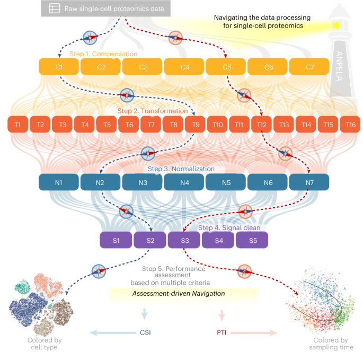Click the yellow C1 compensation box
click(59, 67)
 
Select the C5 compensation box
click(226, 67)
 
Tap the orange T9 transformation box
click(196, 125)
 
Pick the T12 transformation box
click(262, 125)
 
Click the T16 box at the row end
click(350, 125)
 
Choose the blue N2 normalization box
click(100, 182)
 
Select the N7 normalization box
click(309, 182)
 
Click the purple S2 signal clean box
click(150, 241)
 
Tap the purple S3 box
click(184, 241)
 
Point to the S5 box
click(252, 241)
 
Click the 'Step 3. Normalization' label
click(181, 169)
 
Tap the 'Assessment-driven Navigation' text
click(179, 293)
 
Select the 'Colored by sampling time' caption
click(331, 344)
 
